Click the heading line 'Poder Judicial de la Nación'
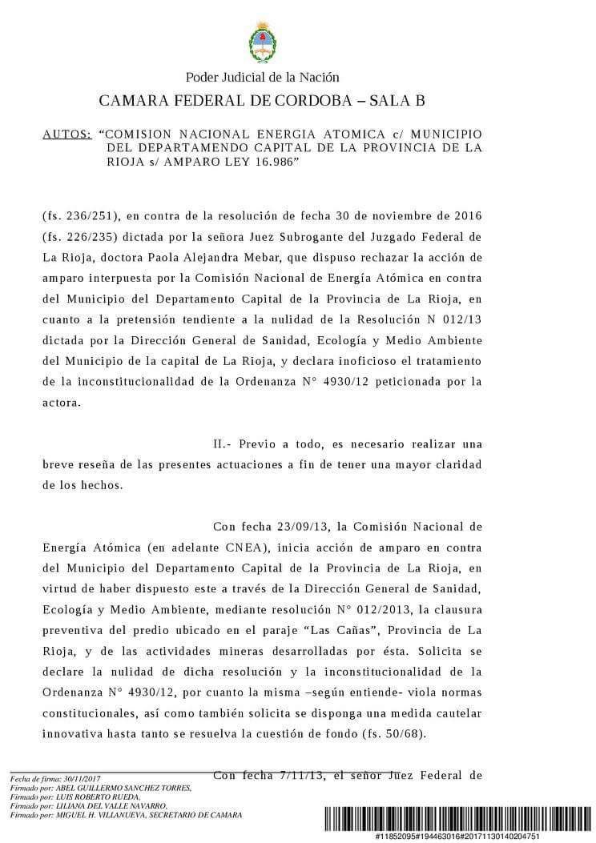click(x=262, y=78)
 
